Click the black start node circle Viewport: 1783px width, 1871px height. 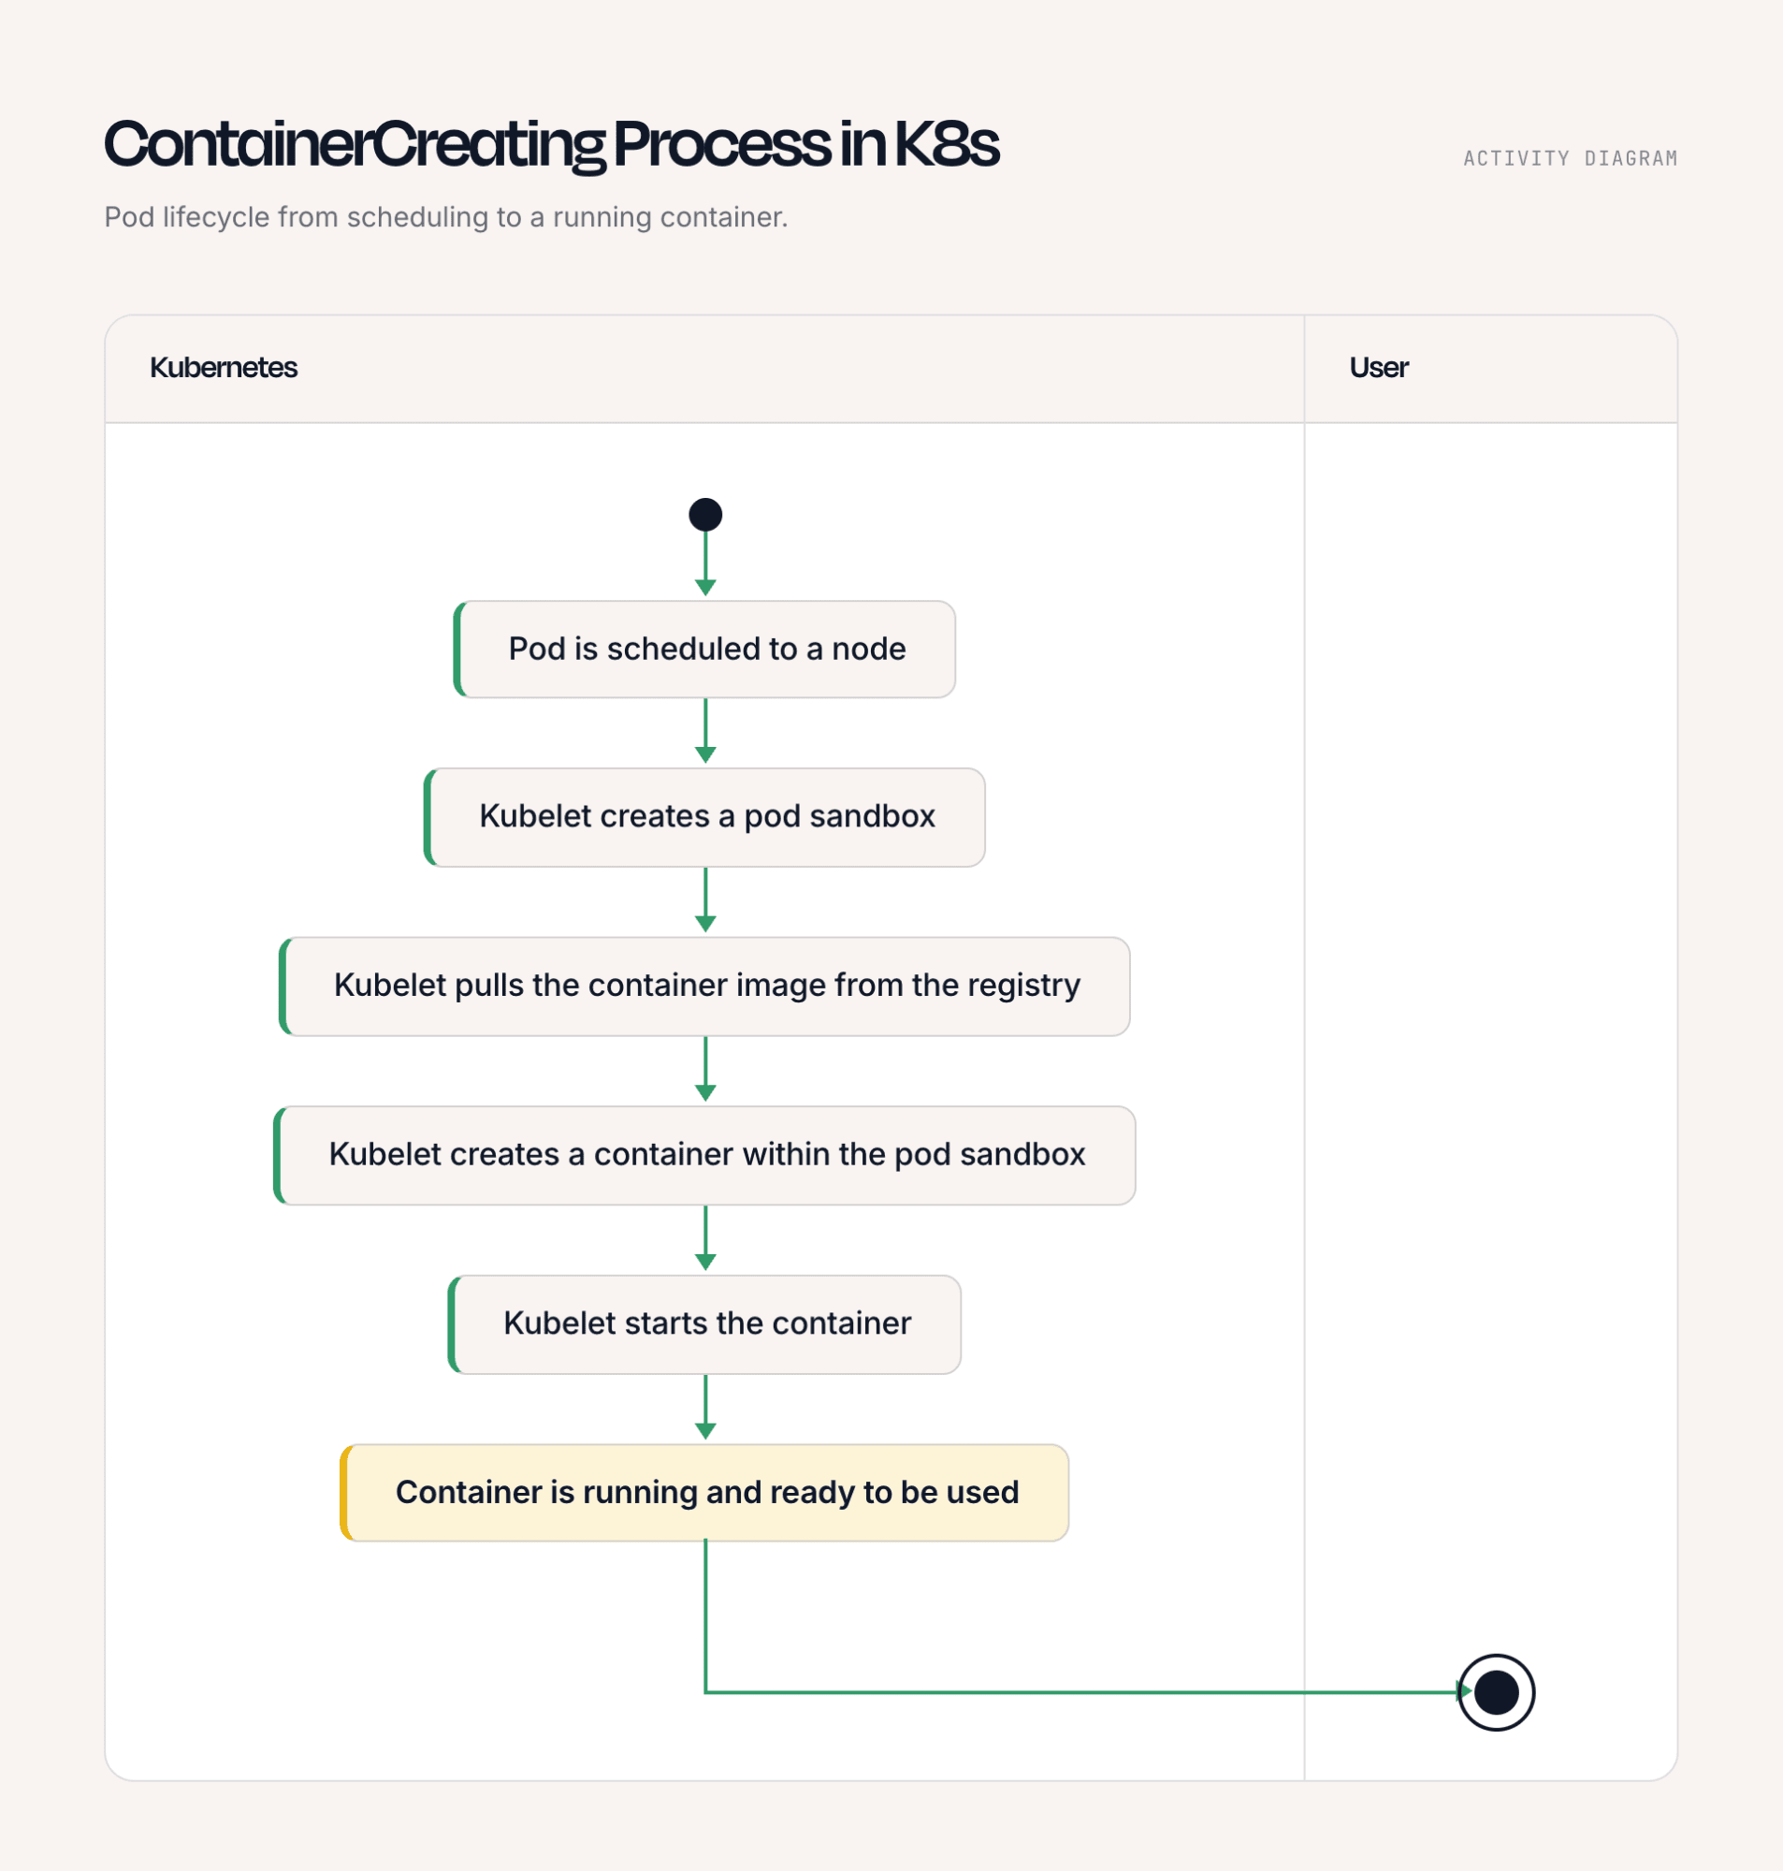pyautogui.click(x=705, y=515)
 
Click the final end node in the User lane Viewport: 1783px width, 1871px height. pyautogui.click(x=1496, y=1692)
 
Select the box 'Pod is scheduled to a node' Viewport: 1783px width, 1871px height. pyautogui.click(x=705, y=650)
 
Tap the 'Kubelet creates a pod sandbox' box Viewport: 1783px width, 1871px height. pyautogui.click(x=705, y=818)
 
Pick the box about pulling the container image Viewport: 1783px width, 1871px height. pyautogui.click(x=705, y=986)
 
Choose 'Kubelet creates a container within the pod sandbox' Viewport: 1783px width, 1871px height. pyautogui.click(x=705, y=1155)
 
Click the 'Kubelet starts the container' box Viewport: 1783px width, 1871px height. pyautogui.click(x=705, y=1324)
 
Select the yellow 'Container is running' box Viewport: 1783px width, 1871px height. pyautogui.click(x=705, y=1493)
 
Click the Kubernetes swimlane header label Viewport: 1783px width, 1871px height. pyautogui.click(x=224, y=368)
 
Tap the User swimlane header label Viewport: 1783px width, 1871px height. pyautogui.click(x=1379, y=368)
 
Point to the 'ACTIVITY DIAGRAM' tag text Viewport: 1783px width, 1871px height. pyautogui.click(x=1570, y=159)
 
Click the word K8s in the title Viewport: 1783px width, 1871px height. pyautogui.click(x=947, y=144)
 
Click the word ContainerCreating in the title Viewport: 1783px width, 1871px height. pyautogui.click(x=354, y=146)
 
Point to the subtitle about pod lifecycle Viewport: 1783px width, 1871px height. pyautogui.click(x=445, y=218)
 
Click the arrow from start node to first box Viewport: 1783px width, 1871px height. pyautogui.click(x=705, y=563)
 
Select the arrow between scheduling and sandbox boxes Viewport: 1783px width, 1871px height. pyautogui.click(x=705, y=731)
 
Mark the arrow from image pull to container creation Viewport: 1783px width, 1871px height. pyautogui.click(x=705, y=1070)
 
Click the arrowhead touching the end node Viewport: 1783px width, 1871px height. pyautogui.click(x=1465, y=1691)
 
